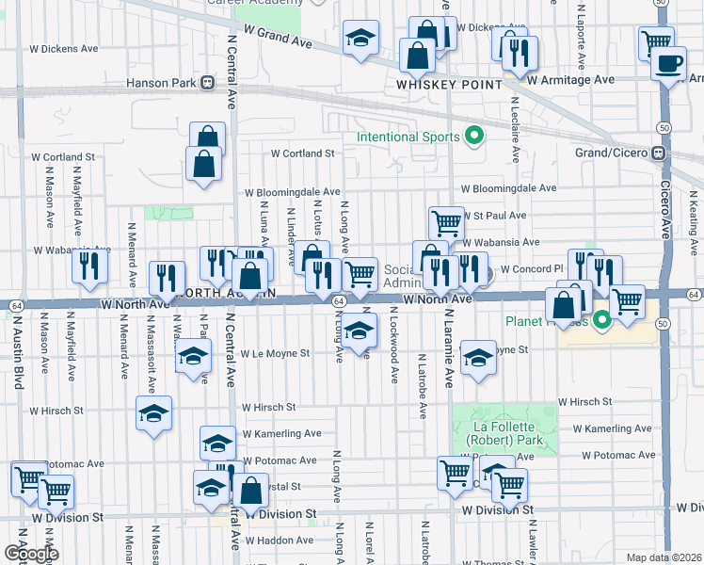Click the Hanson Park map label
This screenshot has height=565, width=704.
[160, 82]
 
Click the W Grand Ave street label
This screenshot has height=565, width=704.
[277, 37]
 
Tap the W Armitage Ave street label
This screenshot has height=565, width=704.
[571, 80]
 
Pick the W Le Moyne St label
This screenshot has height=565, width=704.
[275, 354]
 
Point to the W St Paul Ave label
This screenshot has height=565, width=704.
[493, 216]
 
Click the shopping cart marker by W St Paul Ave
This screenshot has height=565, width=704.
[446, 222]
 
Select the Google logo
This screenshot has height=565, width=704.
[31, 553]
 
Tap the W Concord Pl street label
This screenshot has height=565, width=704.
[532, 269]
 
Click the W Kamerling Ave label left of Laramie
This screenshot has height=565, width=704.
[281, 433]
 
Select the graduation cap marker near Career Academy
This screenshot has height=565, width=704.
[360, 39]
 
